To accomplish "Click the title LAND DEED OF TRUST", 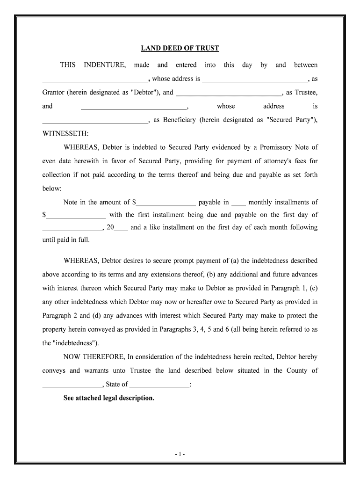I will (x=180, y=49).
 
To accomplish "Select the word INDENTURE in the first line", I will (x=104, y=65).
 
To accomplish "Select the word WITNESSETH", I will (x=65, y=134).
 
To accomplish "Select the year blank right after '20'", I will (x=121, y=228).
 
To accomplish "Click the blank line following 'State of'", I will (x=159, y=385).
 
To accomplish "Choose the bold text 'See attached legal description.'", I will (x=108, y=398).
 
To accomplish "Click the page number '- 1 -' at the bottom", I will (x=180, y=454).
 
